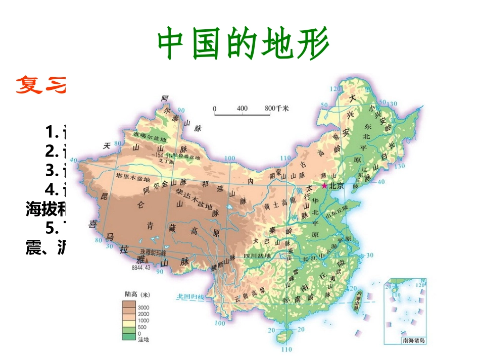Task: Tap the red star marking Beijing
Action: tap(324, 186)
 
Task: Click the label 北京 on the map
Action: tap(337, 186)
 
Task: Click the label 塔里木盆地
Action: tap(133, 179)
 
